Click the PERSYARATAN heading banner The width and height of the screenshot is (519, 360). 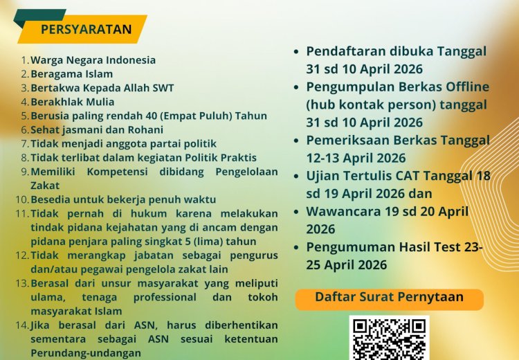pos(86,29)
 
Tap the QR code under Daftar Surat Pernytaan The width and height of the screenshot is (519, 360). pos(389,339)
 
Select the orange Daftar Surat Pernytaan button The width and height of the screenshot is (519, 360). pos(389,298)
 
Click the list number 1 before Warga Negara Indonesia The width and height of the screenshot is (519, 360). pos(24,60)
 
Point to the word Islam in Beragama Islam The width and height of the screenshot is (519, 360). pos(99,74)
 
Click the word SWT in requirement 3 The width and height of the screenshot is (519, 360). pos(163,88)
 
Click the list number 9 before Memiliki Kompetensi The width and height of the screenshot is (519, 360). pos(24,172)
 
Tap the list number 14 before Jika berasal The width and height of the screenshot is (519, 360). pos(21,325)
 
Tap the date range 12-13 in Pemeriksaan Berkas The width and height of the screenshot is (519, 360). pos(326,158)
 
